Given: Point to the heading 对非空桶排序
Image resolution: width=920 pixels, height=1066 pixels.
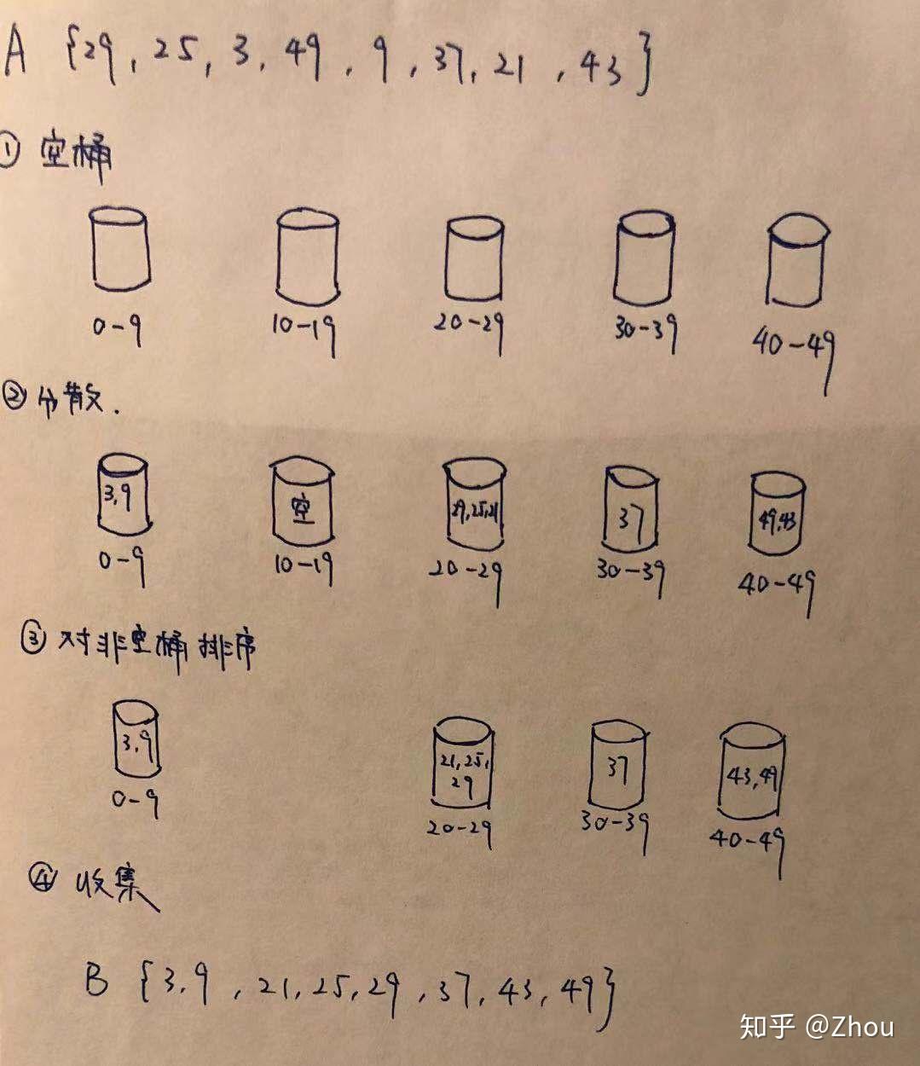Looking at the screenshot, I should click(x=153, y=646).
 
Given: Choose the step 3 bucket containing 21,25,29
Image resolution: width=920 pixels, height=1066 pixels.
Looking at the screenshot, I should click(x=463, y=763).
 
